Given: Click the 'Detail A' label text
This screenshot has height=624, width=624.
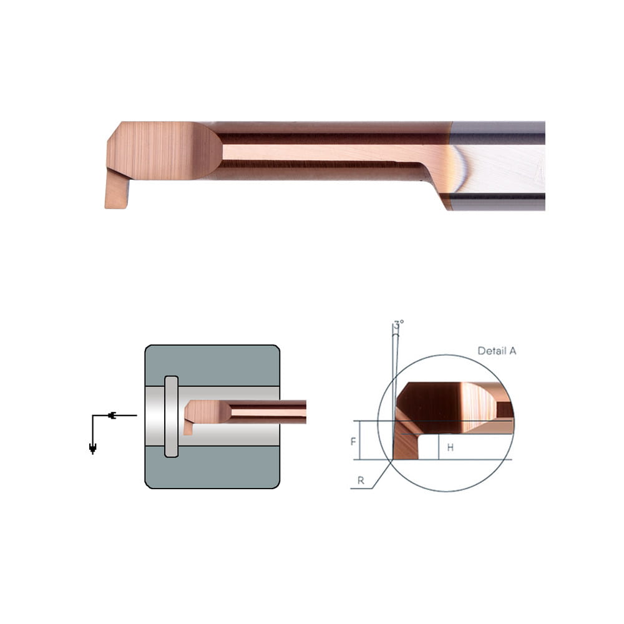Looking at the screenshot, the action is coord(497,351).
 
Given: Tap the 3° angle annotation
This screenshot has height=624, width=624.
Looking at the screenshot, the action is coord(399,323).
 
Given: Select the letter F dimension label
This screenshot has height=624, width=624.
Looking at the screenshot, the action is coord(353,441).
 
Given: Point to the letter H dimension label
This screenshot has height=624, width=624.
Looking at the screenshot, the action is coord(450,447).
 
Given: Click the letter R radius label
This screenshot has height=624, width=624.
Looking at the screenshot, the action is coord(361,480).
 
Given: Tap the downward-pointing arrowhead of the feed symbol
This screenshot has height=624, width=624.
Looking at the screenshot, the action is coord(93,449).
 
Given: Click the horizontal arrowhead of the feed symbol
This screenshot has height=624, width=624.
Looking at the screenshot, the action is coord(112,416).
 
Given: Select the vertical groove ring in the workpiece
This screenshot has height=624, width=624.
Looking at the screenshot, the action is coord(171,417).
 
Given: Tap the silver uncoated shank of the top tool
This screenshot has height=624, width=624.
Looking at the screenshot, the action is coord(498,166).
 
